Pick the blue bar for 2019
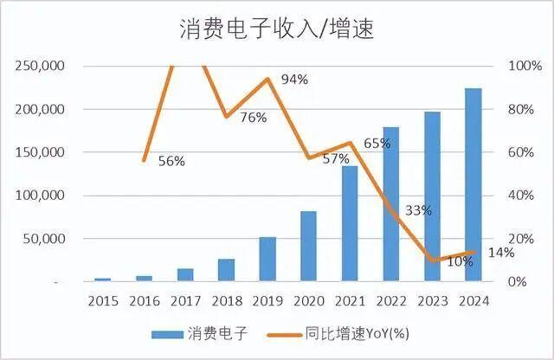click(x=267, y=259)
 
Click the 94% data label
click(x=294, y=80)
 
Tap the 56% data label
click(x=171, y=160)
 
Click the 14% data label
click(x=500, y=252)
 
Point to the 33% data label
click(x=418, y=210)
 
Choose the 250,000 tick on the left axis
click(x=40, y=67)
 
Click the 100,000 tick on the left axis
click(x=40, y=196)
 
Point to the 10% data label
click(x=460, y=261)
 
